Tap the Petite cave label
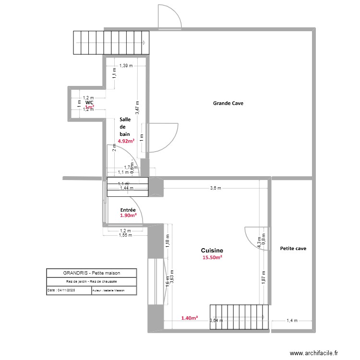point(293,249)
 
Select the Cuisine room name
point(212,251)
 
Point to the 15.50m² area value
point(212,258)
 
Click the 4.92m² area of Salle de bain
point(126,141)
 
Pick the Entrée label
point(128,210)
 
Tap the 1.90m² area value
point(128,216)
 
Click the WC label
point(89,102)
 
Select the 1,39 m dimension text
point(126,66)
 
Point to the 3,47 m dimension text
point(137,107)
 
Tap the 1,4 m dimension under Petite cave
point(292,321)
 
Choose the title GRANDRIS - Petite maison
point(91,273)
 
